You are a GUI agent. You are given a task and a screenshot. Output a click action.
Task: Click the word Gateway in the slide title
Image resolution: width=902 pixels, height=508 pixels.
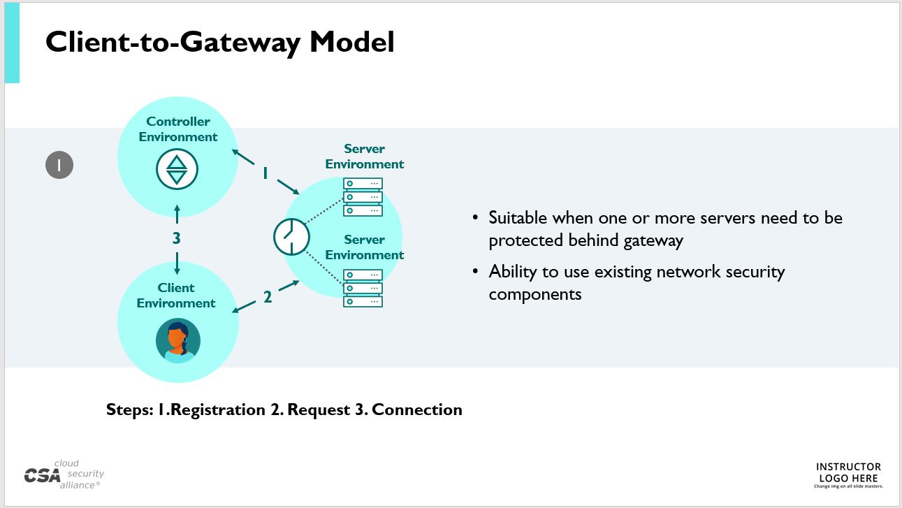tap(231, 42)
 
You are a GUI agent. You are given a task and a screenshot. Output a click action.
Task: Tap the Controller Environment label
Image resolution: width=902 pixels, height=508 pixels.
tap(178, 129)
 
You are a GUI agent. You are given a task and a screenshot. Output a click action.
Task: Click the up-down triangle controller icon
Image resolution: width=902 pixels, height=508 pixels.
tap(177, 169)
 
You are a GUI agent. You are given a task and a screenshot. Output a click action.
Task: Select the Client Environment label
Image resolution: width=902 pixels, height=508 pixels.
tap(176, 296)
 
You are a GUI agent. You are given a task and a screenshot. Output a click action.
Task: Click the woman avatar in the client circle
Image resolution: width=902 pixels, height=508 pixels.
tap(177, 341)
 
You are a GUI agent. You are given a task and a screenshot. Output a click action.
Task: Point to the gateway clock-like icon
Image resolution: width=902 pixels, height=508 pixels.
tap(291, 237)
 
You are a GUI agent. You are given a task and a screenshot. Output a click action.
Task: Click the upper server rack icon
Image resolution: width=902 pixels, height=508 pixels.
tap(363, 197)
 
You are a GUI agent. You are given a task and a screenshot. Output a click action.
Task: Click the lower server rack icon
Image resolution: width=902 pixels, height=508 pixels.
tap(363, 288)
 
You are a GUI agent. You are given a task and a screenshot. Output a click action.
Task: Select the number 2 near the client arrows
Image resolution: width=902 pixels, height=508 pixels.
tap(268, 298)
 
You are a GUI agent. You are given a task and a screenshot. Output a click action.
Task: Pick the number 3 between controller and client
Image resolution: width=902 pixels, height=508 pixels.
tap(177, 238)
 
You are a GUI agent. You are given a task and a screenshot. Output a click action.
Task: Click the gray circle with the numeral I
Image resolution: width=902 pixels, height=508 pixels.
tap(59, 166)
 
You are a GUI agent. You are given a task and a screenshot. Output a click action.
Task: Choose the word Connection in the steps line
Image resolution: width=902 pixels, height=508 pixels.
tap(417, 409)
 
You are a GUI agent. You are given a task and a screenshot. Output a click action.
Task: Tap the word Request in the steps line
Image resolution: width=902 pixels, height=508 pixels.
tap(319, 409)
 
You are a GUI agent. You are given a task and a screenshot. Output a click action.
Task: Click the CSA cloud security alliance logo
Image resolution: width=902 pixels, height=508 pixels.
tap(63, 474)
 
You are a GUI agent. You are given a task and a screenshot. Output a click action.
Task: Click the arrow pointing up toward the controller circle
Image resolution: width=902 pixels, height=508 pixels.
tap(177, 213)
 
